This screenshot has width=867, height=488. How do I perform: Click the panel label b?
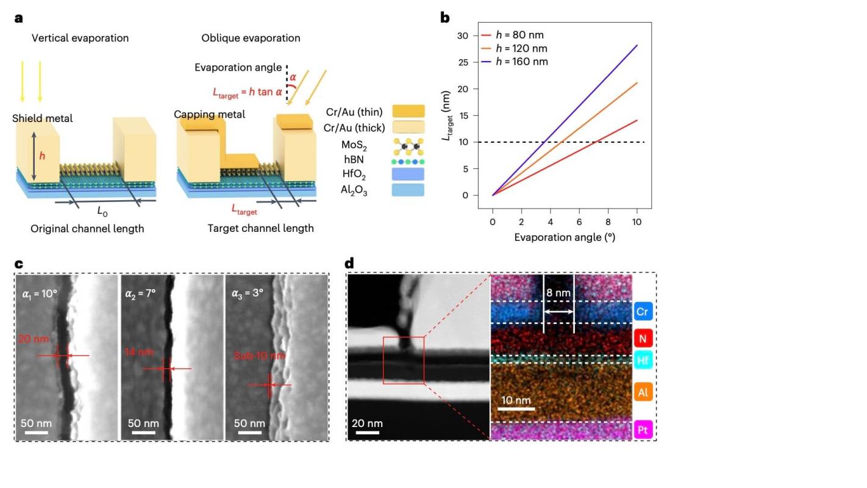pos(445,18)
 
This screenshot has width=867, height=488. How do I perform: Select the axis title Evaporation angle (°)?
pos(564,237)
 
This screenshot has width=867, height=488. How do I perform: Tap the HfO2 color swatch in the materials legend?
pos(408,174)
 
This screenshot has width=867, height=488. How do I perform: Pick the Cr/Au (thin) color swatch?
pos(408,111)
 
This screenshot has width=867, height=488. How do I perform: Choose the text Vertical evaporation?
pos(80,38)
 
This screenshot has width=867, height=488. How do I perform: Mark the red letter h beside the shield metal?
pos(42,156)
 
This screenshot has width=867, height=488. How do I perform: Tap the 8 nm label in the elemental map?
pos(558,293)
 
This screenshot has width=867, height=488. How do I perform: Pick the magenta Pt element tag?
pos(644,430)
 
